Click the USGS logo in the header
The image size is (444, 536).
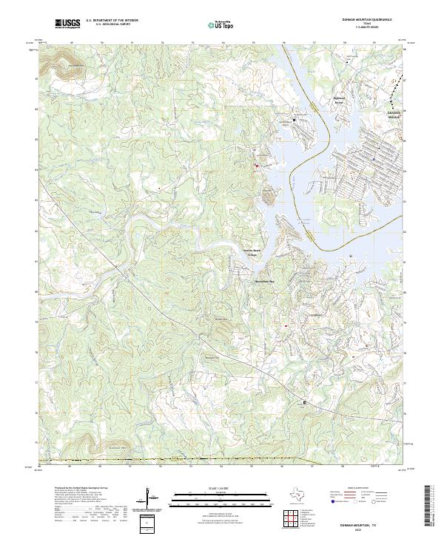(68, 24)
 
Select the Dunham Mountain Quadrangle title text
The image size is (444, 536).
(367, 20)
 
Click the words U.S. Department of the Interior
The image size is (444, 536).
(112, 21)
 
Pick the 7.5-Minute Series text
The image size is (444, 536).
(367, 29)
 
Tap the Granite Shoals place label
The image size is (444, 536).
(396, 115)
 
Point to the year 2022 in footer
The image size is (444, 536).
(368, 529)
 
